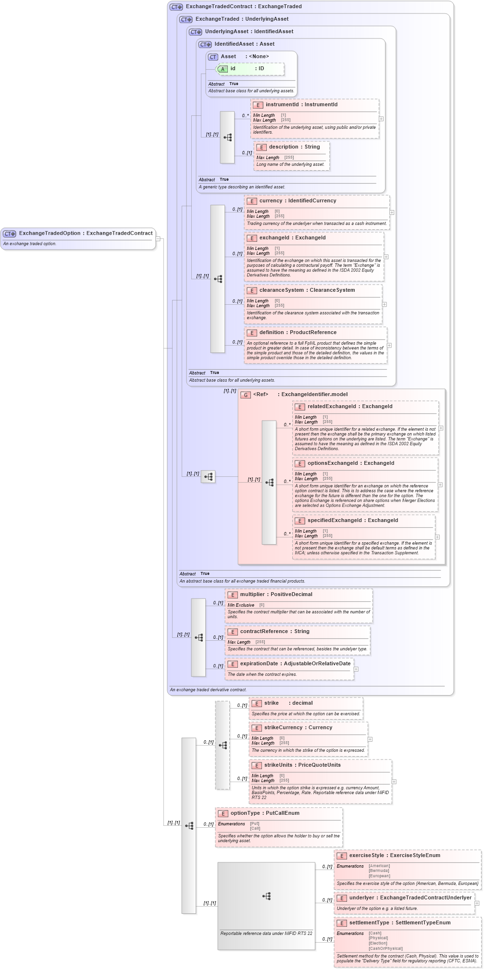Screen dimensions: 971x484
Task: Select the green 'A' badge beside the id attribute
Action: click(x=223, y=69)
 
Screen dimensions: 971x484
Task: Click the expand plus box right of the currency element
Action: click(x=392, y=212)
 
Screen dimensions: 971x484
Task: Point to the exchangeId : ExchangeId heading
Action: click(x=292, y=238)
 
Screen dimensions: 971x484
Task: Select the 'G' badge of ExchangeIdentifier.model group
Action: click(x=246, y=395)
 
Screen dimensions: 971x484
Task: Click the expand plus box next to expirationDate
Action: click(x=356, y=669)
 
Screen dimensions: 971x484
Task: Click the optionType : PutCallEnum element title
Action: click(x=264, y=813)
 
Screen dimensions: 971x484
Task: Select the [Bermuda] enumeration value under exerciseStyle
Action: click(x=379, y=871)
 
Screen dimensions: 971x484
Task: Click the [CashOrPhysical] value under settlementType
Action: click(x=385, y=948)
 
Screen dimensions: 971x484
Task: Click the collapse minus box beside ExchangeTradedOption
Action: click(x=158, y=238)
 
